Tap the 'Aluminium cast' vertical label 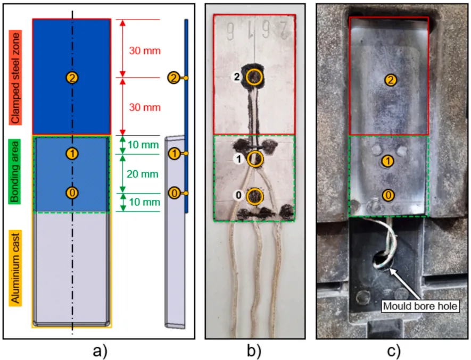click(x=16, y=267)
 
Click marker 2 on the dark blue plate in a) click(x=72, y=78)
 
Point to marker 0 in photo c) click(x=389, y=195)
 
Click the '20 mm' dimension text click(x=145, y=174)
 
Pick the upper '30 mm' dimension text click(x=145, y=51)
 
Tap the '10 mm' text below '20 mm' click(x=145, y=202)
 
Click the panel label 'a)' click(x=100, y=350)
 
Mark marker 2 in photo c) click(x=390, y=80)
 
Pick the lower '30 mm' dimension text click(x=145, y=107)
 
